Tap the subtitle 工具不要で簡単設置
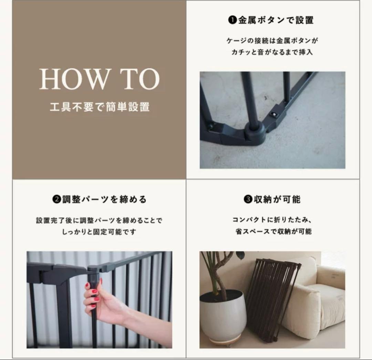click(100, 107)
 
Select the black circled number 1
click(233, 20)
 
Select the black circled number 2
click(57, 199)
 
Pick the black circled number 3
click(248, 199)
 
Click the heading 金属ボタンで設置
click(276, 20)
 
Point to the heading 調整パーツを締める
click(104, 199)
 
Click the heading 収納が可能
click(277, 199)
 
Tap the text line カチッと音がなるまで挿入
click(272, 52)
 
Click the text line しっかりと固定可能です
click(99, 231)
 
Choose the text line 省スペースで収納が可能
click(273, 231)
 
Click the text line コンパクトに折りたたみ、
click(272, 220)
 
